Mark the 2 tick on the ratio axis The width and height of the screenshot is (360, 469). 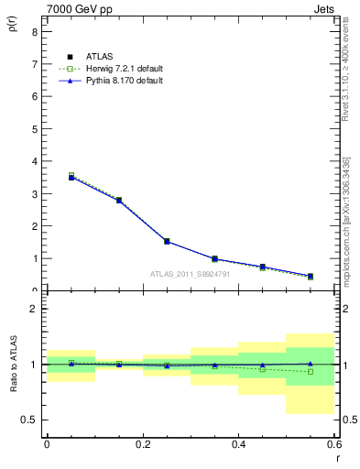[34, 309]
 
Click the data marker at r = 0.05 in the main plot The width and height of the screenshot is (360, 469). [71, 177]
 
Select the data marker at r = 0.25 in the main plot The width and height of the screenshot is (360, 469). [167, 241]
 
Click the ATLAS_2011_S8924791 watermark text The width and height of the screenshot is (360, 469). [191, 273]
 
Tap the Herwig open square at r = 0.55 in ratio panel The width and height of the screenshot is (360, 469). [311, 371]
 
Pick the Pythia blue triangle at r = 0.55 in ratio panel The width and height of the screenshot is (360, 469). [311, 364]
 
